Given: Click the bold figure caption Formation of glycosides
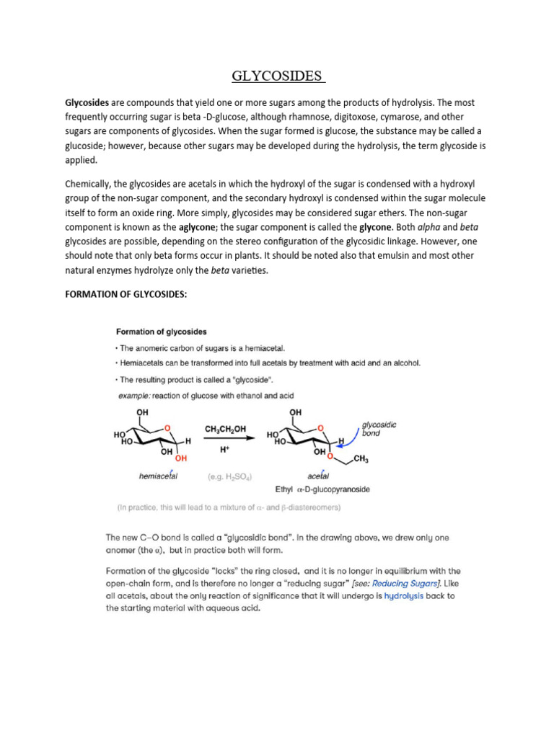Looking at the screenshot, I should [162, 332].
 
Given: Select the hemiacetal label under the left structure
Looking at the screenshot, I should [157, 476].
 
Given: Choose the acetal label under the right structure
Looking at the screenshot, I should [317, 476].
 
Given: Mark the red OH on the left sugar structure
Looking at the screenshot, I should [180, 458].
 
